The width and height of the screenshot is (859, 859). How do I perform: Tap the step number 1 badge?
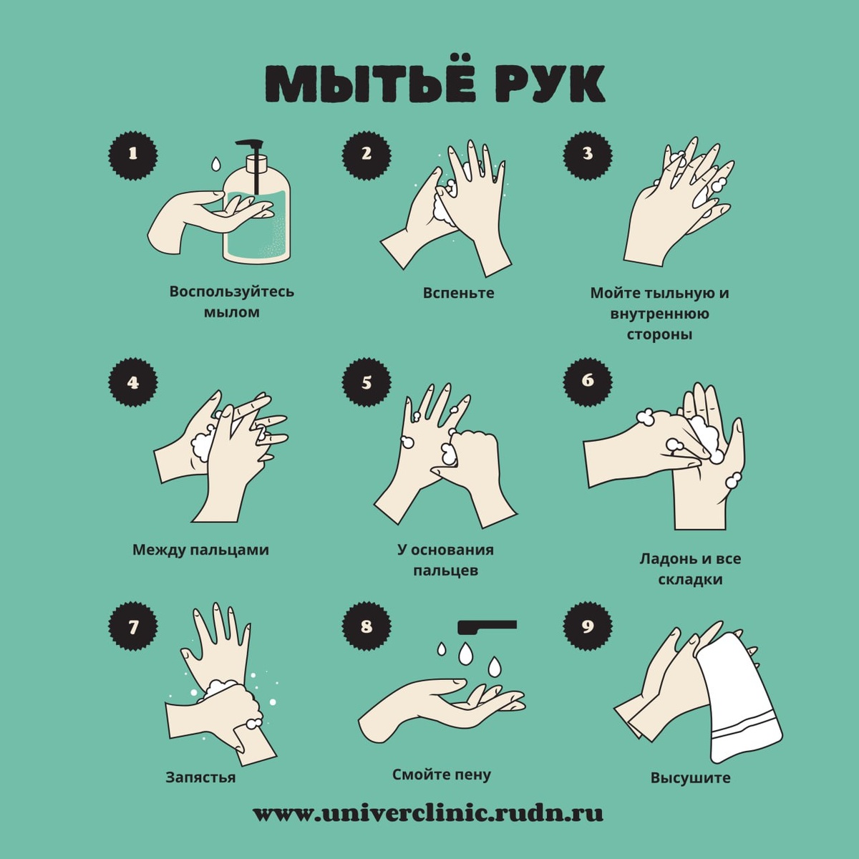coord(133,154)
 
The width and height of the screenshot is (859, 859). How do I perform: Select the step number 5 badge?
coord(366,382)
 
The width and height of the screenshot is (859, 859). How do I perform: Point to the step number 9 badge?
coord(588,626)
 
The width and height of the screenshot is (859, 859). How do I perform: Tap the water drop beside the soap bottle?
coord(216,164)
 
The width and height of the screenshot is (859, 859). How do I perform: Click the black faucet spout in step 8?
coord(487,626)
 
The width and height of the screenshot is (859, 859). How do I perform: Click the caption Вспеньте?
coord(458,293)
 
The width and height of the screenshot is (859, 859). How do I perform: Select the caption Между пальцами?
coord(200,550)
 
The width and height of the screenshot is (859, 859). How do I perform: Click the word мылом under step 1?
coord(231,312)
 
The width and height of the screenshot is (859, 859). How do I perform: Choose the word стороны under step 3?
coord(659,334)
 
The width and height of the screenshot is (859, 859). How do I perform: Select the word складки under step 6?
coord(690,580)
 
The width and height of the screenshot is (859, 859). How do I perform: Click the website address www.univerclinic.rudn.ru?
coord(428,825)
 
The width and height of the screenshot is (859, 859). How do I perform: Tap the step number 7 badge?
coord(133,626)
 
